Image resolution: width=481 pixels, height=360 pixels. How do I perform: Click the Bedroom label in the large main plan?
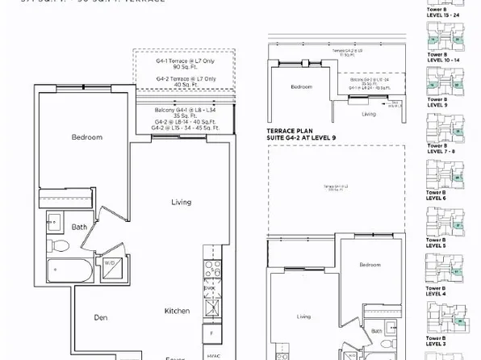pyautogui.click(x=86, y=137)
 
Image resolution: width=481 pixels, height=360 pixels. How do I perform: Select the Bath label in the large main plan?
pyautogui.click(x=78, y=227)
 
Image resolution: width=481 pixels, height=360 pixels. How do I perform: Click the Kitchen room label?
pyautogui.click(x=177, y=311)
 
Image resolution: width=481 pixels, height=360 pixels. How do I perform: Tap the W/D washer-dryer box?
pyautogui.click(x=108, y=264)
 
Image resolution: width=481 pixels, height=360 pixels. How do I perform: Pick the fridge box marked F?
pyautogui.click(x=211, y=331)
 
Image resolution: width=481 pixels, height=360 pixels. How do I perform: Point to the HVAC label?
pyautogui.click(x=212, y=354)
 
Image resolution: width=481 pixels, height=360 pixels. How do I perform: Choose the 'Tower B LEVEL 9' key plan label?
pyautogui.click(x=437, y=103)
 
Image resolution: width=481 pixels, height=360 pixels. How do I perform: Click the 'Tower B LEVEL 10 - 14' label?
pyautogui.click(x=441, y=56)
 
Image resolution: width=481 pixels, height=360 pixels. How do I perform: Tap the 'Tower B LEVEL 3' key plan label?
pyautogui.click(x=437, y=340)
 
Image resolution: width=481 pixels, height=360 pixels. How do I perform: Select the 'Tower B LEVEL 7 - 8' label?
pyautogui.click(x=440, y=149)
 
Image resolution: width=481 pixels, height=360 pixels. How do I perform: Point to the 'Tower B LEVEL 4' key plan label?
pyautogui.click(x=437, y=292)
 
